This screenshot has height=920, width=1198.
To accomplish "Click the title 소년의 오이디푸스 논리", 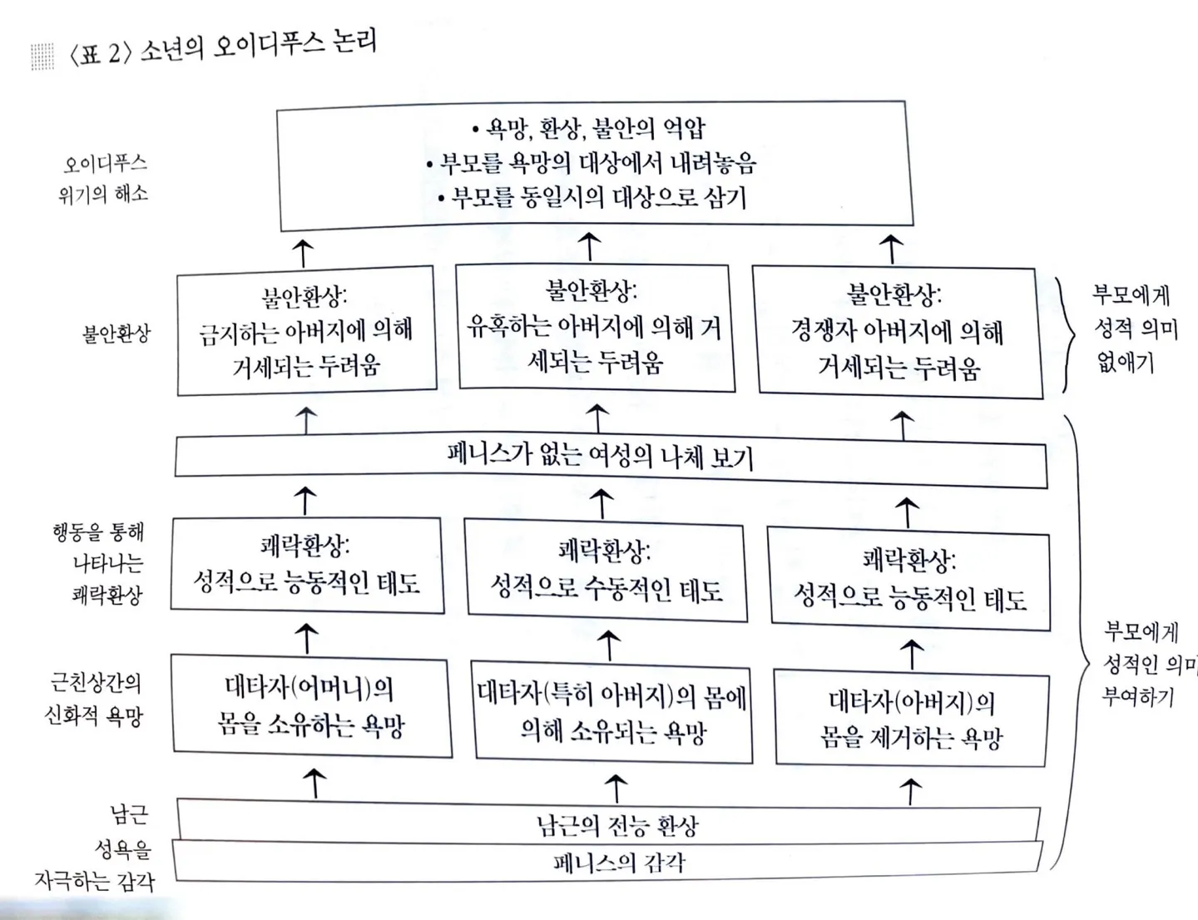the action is tap(258, 47).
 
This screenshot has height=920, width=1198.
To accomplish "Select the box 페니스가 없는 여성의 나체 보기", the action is tap(610, 457).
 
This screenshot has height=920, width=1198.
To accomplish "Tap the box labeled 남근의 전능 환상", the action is tap(616, 824).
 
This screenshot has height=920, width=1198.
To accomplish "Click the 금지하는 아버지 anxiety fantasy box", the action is tap(306, 330).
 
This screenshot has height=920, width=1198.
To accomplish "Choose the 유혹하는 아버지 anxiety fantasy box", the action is tap(595, 327).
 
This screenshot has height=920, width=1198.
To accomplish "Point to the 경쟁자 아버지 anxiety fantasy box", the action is tap(898, 332).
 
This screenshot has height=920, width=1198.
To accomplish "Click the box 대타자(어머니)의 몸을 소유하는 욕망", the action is tap(310, 706).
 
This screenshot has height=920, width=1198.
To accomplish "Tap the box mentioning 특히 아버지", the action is tap(611, 713).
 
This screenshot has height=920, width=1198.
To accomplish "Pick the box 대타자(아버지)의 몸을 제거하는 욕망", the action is tap(911, 720).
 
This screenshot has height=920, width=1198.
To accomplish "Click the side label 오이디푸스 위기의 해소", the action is tap(104, 178).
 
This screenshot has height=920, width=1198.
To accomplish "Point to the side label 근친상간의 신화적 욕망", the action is tap(95, 699).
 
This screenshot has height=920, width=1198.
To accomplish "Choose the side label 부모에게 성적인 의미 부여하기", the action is tap(1144, 663).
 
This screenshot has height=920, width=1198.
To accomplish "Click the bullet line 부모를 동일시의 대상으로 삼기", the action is tap(592, 197).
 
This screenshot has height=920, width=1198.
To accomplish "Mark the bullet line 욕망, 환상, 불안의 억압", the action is tap(588, 128).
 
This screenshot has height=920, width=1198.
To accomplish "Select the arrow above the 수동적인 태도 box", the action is tap(601, 504).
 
